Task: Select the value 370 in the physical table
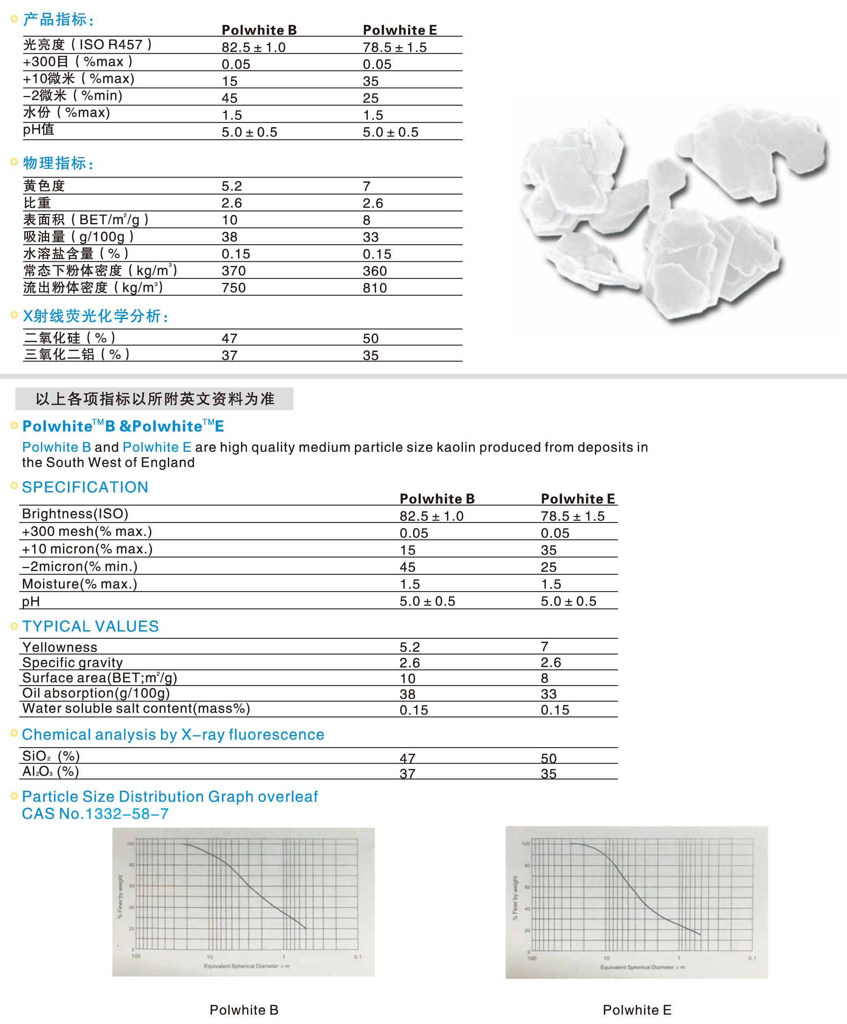[x=234, y=271]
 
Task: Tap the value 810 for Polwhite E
[x=374, y=288]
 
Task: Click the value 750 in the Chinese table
[x=234, y=288]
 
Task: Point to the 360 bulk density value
[x=374, y=271]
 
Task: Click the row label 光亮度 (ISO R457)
[x=88, y=45]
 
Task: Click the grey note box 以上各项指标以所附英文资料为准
[x=154, y=399]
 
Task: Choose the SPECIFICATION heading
[x=85, y=487]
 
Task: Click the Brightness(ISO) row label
[x=75, y=514]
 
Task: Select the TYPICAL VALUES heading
[x=90, y=626]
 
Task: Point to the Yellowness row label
[x=59, y=647]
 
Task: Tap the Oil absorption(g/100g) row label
[x=96, y=693]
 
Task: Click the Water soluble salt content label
[x=136, y=709]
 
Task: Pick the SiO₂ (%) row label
[x=51, y=756]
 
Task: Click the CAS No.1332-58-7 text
[x=96, y=814]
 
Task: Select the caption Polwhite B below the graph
[x=244, y=1010]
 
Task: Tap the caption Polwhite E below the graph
[x=637, y=1010]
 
